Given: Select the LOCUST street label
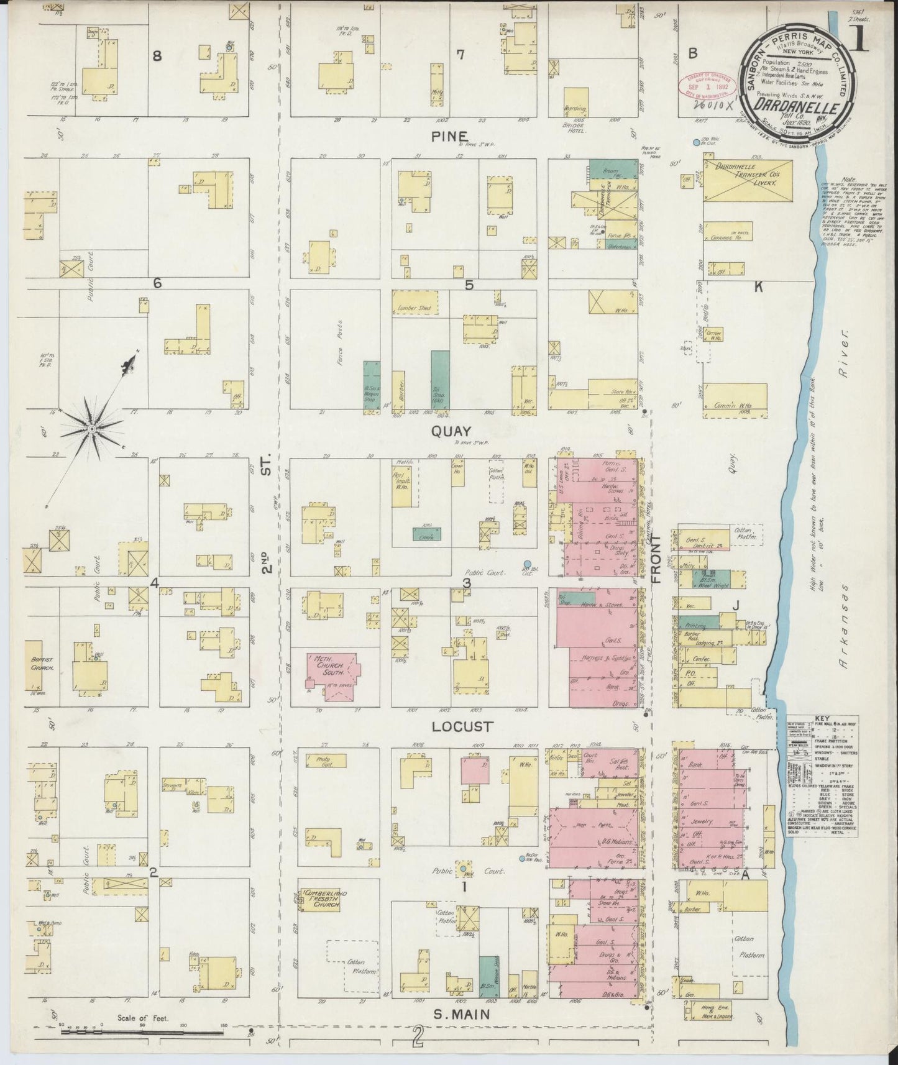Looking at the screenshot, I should (464, 726).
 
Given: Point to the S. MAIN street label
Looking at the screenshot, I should (461, 1014).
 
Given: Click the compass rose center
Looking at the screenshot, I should (91, 429).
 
